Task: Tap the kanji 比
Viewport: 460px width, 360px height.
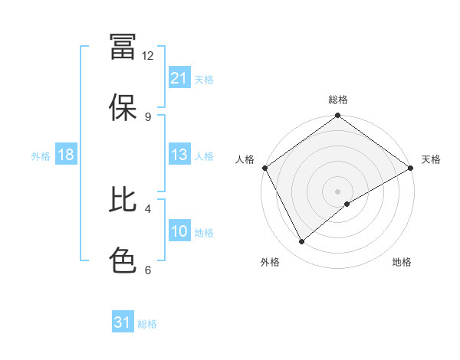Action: [123, 200]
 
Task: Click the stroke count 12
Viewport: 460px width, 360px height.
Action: [148, 55]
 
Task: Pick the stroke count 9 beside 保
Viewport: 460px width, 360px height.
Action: [148, 116]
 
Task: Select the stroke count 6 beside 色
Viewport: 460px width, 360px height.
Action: [148, 270]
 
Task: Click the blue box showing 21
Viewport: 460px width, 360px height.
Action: [179, 78]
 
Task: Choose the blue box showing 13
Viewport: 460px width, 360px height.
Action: [179, 155]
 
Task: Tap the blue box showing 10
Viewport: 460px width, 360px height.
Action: [179, 231]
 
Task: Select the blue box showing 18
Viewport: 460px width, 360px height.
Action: [66, 155]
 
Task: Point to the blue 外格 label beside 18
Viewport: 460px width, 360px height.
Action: [41, 155]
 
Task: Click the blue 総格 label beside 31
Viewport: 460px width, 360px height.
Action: [147, 324]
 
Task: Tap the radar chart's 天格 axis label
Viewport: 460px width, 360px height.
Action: [431, 159]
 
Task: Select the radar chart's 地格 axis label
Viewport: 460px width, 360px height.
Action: [402, 262]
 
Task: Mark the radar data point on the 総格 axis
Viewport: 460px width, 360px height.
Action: [337, 116]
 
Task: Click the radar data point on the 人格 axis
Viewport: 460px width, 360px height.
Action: [264, 168]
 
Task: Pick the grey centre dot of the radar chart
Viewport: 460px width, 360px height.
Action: [337, 191]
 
